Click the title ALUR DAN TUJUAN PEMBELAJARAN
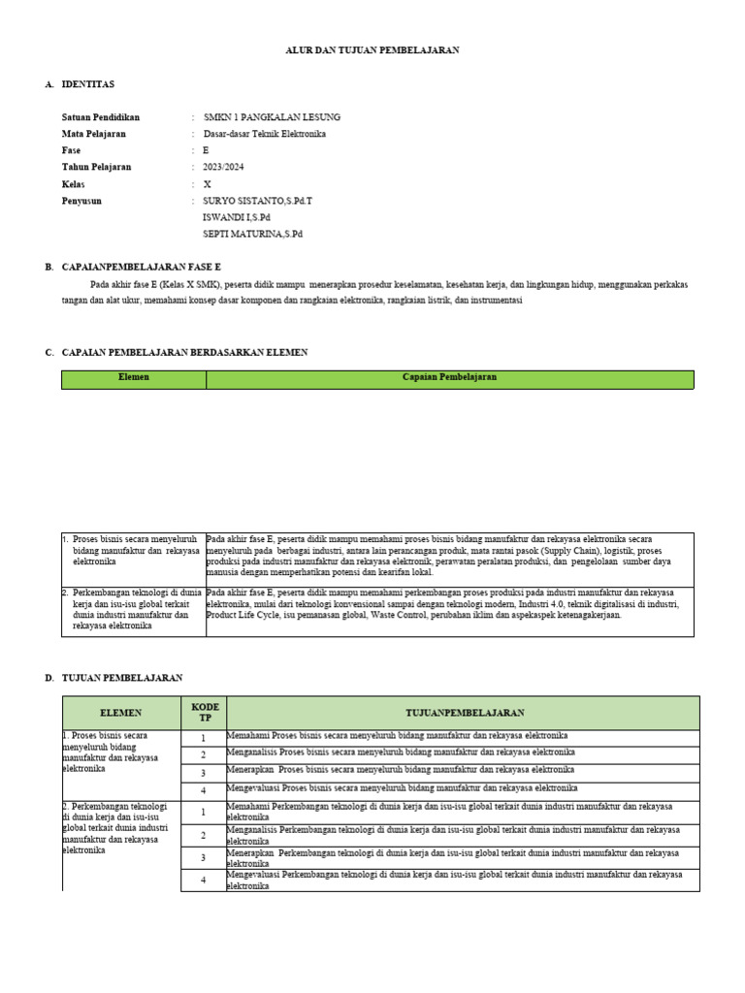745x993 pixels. point(372,50)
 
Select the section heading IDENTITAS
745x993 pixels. point(87,85)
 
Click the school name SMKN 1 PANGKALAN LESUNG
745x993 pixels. point(271,117)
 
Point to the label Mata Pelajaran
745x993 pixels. point(94,134)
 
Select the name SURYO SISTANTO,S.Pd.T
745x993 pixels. point(258,201)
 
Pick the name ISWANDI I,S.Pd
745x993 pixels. point(236,217)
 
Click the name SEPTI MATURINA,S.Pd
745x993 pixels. point(252,234)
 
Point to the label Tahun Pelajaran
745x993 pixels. point(96,167)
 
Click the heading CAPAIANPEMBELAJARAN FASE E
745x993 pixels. point(141,267)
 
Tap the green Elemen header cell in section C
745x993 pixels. point(134,378)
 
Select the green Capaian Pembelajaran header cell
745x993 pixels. point(449,378)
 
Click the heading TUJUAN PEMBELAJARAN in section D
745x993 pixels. point(121,678)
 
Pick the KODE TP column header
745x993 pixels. point(204,712)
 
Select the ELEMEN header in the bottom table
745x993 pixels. point(121,712)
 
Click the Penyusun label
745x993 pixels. point(81,201)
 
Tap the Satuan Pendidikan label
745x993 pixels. point(100,117)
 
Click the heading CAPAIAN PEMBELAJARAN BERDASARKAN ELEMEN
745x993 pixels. point(184,353)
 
